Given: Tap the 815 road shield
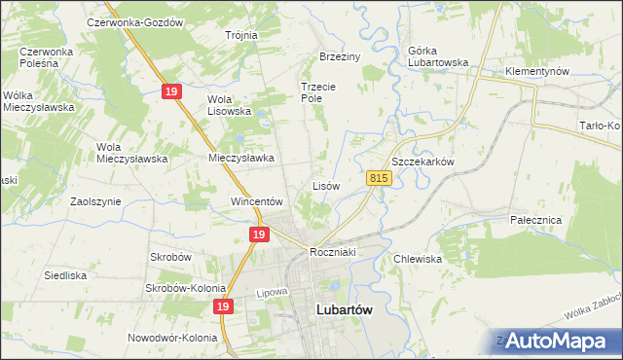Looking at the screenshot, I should tap(379, 178).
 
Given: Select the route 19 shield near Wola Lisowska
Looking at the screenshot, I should tap(171, 90).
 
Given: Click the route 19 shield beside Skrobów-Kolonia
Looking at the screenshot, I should tap(224, 306).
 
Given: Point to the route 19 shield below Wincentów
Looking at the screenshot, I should tap(258, 234).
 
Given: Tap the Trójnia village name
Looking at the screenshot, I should tap(240, 35).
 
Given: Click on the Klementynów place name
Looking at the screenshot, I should tap(536, 72).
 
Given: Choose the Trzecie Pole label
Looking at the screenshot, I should tap(317, 91).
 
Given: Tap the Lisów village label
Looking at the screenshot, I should tap(325, 185).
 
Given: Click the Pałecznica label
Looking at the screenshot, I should tap(536, 220).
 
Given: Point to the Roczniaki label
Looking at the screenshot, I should tap(333, 252).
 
